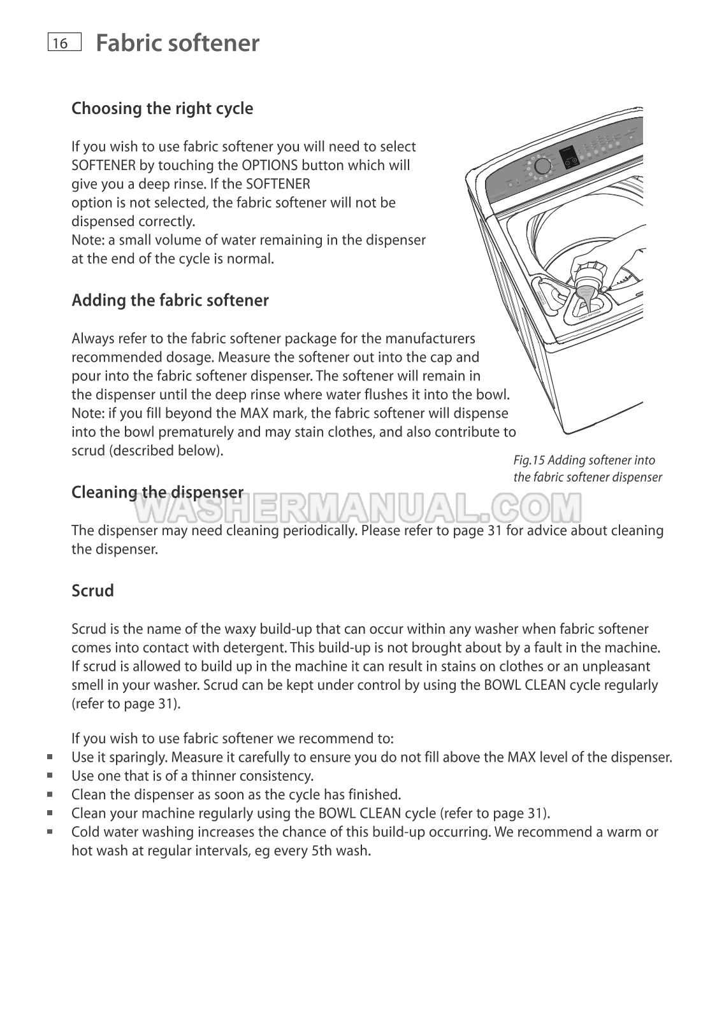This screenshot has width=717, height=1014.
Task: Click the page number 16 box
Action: tap(64, 43)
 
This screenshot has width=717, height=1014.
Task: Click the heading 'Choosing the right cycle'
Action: tap(162, 108)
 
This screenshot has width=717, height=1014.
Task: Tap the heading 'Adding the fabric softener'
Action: tap(170, 300)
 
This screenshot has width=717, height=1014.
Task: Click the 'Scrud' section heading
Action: tap(92, 590)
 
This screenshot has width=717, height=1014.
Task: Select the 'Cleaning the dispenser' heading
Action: tap(157, 492)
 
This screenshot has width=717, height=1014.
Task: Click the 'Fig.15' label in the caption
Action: tap(528, 461)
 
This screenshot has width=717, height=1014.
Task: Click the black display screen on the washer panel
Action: tap(569, 157)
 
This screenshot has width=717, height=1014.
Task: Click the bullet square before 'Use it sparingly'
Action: tap(49, 757)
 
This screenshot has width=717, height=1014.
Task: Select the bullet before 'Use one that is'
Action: tap(49, 776)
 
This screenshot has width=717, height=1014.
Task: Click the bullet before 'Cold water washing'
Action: tap(49, 832)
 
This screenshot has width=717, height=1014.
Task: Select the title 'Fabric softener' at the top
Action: tap(177, 43)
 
